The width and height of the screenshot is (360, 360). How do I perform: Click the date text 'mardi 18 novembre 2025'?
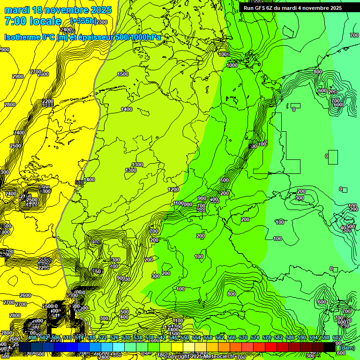click(x=58, y=10)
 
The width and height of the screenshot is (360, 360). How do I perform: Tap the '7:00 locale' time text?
click(x=33, y=21)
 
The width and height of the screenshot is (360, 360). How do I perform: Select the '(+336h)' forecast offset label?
click(x=83, y=21)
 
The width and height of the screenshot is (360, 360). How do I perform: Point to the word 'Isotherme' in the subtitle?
click(x=22, y=37)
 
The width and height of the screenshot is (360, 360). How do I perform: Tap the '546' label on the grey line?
click(x=79, y=182)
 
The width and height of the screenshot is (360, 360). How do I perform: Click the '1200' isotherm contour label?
click(x=173, y=189)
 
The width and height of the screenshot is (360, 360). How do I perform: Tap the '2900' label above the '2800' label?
click(x=18, y=76)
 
